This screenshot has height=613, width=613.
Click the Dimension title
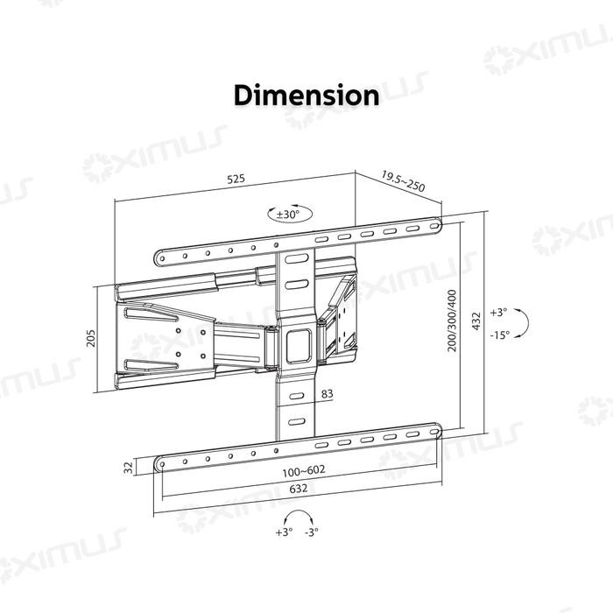pyautogui.click(x=306, y=95)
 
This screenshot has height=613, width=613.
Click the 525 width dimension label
pyautogui.click(x=236, y=179)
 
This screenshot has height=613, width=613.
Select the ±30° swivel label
pyautogui.click(x=288, y=214)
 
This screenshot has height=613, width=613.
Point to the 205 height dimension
pyautogui.click(x=90, y=337)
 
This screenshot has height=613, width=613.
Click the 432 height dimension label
pyautogui.click(x=476, y=321)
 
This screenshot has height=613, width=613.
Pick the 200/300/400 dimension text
pyautogui.click(x=453, y=321)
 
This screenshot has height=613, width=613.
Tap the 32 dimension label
pyautogui.click(x=128, y=467)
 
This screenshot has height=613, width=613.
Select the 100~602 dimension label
pyautogui.click(x=304, y=470)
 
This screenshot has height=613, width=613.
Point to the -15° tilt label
pyautogui.click(x=499, y=334)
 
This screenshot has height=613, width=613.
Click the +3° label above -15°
pyautogui.click(x=498, y=312)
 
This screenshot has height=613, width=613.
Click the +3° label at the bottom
pyautogui.click(x=284, y=532)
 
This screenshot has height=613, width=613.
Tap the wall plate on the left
pyautogui.click(x=163, y=337)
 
